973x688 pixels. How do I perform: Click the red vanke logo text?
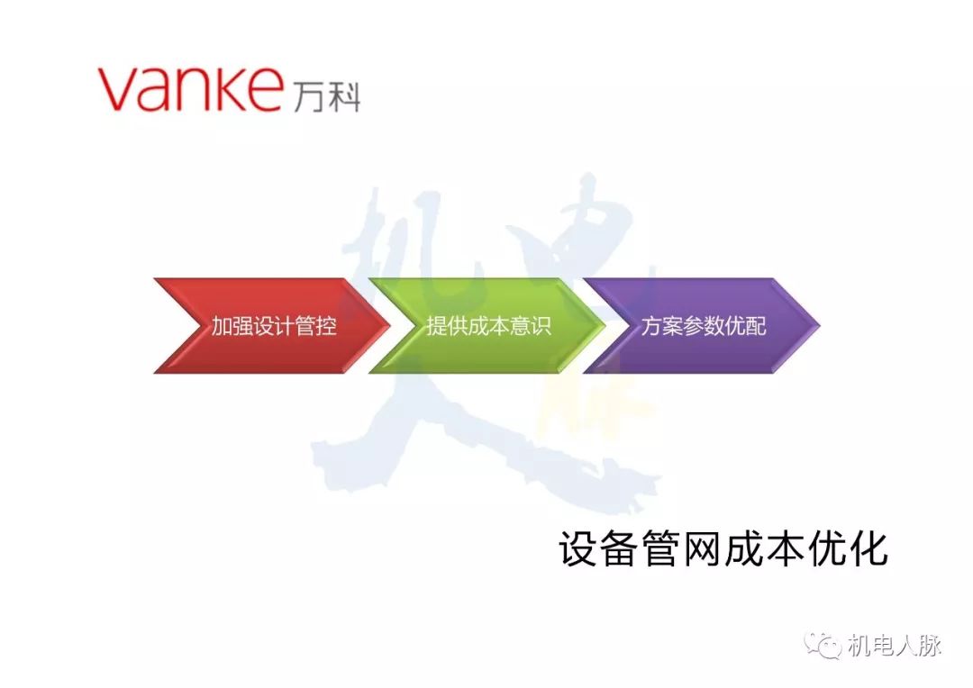point(190,87)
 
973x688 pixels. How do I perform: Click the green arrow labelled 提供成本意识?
point(487,326)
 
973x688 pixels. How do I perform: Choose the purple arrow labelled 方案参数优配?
point(703,326)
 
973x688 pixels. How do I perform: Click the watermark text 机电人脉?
point(894,646)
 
